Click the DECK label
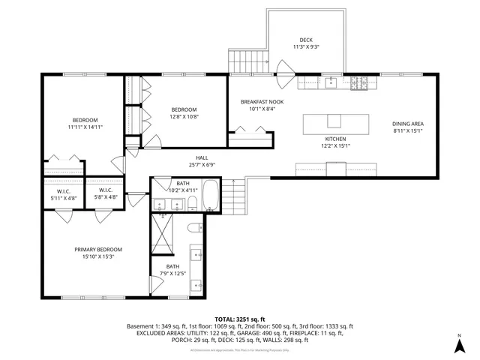(305, 40)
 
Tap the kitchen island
(336, 121)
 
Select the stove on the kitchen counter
(359, 82)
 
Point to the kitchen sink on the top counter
(331, 82)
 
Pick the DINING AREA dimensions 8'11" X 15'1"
(408, 131)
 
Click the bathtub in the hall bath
(210, 196)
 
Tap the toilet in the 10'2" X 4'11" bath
(192, 203)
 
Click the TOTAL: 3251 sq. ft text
(239, 319)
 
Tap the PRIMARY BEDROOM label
(97, 250)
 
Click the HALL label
(202, 157)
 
